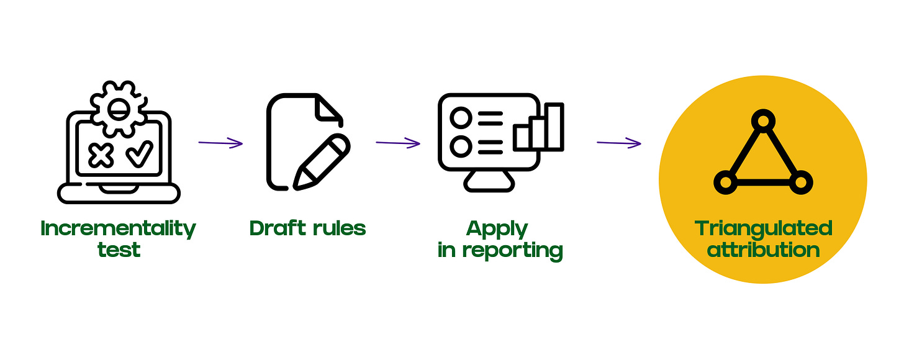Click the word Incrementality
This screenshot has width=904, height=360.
[x=118, y=229]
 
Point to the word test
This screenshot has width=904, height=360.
[x=119, y=250]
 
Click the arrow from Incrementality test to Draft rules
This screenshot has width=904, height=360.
[x=220, y=143]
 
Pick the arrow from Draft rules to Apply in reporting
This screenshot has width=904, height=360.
[x=398, y=143]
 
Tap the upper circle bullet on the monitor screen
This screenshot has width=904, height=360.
[x=461, y=117]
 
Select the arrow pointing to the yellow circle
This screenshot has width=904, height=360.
[x=619, y=143]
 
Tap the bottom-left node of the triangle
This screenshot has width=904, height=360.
[x=725, y=181]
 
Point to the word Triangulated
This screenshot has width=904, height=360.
[x=764, y=229]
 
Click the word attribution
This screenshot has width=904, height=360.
[x=764, y=250]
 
